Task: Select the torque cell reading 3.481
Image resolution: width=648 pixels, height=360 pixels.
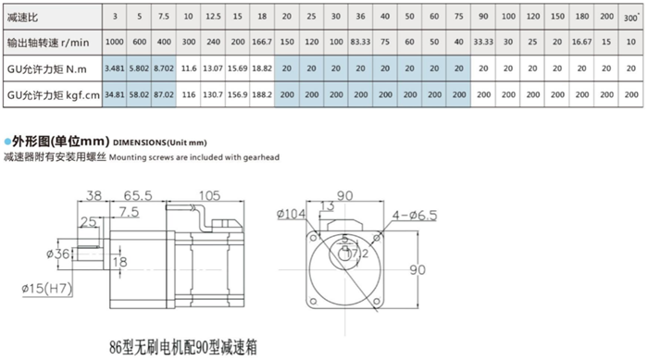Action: [114, 68]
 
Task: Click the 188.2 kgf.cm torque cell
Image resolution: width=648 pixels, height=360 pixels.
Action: [263, 94]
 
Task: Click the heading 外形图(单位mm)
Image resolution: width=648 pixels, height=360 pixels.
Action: [58, 141]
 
